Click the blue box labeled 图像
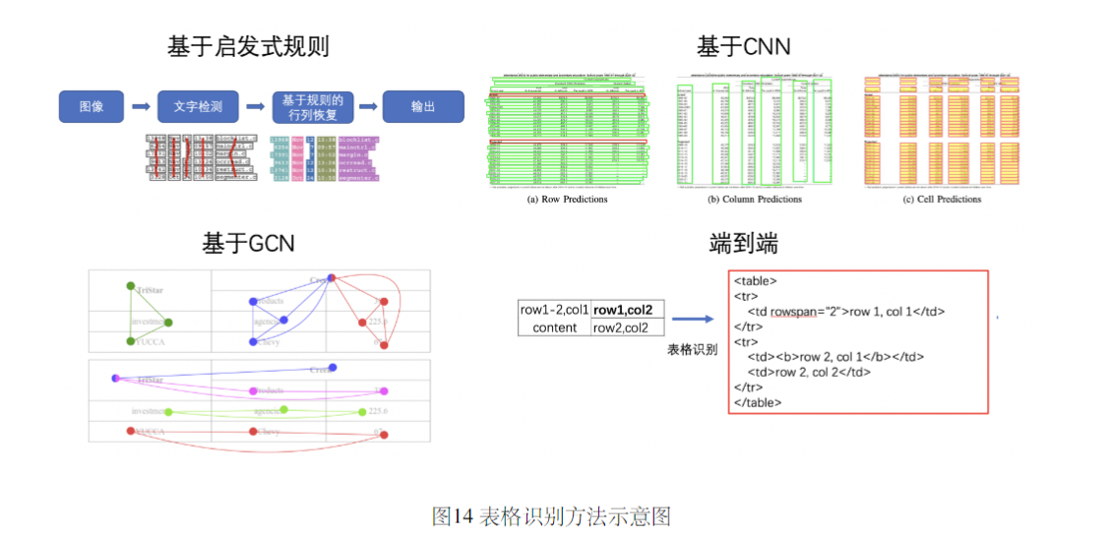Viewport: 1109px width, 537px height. click(92, 106)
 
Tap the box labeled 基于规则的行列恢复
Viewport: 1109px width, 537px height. click(312, 106)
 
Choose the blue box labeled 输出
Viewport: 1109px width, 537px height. click(422, 106)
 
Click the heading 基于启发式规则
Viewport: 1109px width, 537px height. click(248, 46)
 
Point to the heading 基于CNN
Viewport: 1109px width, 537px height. click(743, 46)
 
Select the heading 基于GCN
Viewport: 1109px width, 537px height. click(248, 242)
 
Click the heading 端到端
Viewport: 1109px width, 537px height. click(743, 243)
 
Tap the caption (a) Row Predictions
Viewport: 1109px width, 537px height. click(568, 199)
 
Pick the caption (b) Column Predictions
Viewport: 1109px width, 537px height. click(755, 199)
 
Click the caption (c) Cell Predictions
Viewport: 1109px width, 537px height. click(942, 199)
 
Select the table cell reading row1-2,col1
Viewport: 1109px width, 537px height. click(554, 310)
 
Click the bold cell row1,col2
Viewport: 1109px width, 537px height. click(628, 310)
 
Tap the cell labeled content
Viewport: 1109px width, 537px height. click(554, 328)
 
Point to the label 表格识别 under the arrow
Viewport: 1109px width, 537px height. click(692, 349)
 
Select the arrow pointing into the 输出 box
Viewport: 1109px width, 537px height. click(368, 106)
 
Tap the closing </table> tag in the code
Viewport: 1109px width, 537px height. click(758, 402)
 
